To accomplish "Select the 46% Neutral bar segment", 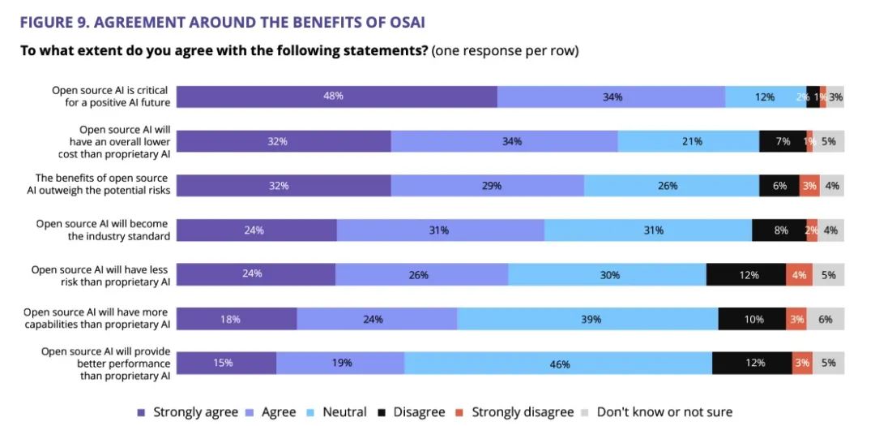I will [x=558, y=364].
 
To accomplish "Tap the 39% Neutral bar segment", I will [x=587, y=319].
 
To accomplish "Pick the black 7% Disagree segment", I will [x=783, y=141].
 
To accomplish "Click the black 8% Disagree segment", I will [x=779, y=230].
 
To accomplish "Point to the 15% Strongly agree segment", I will [x=227, y=364].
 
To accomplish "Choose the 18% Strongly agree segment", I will [x=237, y=319].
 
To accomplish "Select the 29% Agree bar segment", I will [x=487, y=186].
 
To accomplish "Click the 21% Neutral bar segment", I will [x=688, y=141].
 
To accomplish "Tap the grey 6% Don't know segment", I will [x=825, y=319].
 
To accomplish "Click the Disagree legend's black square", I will [x=384, y=412].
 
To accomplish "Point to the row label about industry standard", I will [x=102, y=230].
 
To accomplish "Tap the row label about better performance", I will [x=105, y=364].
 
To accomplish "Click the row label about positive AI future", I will [x=111, y=97].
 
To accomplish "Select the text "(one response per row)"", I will [x=505, y=51].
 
